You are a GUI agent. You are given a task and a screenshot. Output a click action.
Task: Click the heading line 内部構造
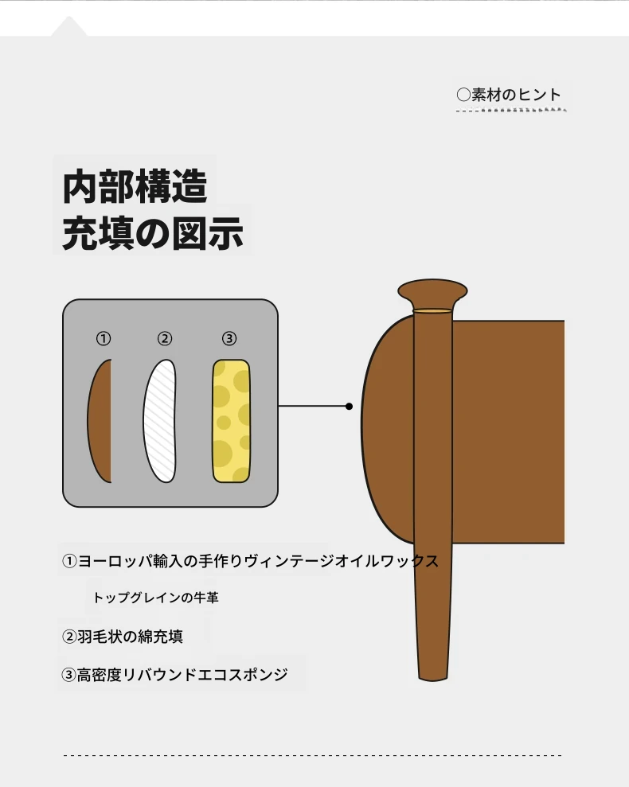point(135,186)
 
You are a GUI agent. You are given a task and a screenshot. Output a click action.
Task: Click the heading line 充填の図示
point(153,233)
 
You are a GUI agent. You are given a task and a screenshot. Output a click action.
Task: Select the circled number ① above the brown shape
point(104,339)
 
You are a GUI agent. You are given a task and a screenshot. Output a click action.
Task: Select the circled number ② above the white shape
point(165,339)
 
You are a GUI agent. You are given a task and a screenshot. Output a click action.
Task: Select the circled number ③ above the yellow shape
point(229,339)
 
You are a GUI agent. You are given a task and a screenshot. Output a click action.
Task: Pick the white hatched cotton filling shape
point(160,421)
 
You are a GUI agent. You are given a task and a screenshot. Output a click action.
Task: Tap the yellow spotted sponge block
point(231,421)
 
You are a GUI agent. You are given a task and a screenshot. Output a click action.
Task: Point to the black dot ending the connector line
point(350,406)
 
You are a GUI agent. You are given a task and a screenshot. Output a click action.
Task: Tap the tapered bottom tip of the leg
point(432,675)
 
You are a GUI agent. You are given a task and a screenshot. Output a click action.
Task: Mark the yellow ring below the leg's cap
point(432,311)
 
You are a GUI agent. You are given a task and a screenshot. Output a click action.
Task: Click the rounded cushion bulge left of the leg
point(387,429)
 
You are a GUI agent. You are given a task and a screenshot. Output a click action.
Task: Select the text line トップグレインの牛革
point(156,598)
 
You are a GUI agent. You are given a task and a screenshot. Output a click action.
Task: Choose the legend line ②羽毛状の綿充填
point(122,637)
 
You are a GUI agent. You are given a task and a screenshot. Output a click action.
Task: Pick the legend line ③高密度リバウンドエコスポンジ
point(174,675)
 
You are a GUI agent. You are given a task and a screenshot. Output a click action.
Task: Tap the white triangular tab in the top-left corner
point(68,28)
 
